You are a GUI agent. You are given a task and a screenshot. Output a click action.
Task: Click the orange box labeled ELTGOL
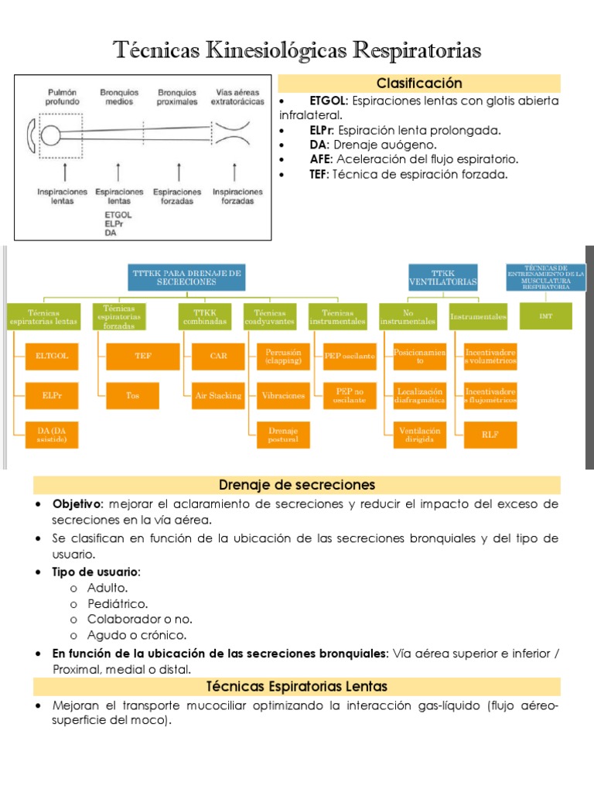52,356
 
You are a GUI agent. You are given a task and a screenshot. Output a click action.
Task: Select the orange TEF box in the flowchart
143,356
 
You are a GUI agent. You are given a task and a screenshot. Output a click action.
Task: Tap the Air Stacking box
218,395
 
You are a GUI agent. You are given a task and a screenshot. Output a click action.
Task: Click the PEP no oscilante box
350,395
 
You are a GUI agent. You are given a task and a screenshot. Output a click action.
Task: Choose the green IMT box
545,316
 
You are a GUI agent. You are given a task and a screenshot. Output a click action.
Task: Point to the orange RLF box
490,435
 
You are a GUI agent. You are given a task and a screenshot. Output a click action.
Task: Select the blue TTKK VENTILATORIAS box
442,278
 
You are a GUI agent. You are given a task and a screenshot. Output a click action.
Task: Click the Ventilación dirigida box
419,435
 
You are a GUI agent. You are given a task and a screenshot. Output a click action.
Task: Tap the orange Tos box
133,395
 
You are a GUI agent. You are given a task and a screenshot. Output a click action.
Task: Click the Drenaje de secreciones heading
297,485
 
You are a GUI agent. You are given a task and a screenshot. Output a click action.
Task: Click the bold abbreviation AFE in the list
320,159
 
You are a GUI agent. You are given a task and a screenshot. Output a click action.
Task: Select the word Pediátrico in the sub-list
118,603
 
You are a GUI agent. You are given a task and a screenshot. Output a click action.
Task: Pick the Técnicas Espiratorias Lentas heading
297,686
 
